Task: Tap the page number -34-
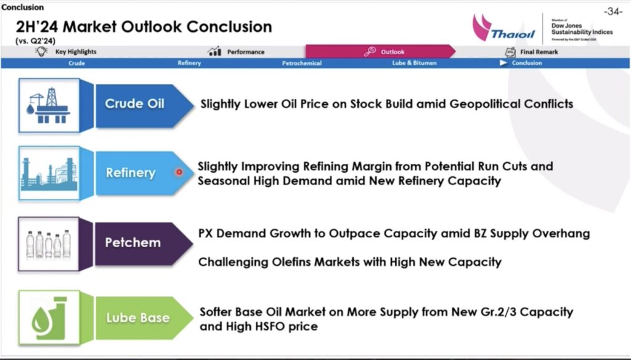pos(613,11)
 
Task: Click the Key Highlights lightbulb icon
pos(41,51)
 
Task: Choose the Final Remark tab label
pos(539,52)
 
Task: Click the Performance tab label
pos(245,52)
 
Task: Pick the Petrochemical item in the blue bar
pos(302,63)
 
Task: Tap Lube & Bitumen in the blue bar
pos(414,63)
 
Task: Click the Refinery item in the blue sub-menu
pos(189,63)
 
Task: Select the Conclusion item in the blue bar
pos(527,63)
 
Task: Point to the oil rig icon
pos(48,105)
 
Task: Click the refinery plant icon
pos(49,174)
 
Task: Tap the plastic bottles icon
pos(48,243)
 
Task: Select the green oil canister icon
pos(49,318)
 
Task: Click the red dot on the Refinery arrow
pos(179,173)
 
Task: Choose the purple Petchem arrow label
pos(144,243)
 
